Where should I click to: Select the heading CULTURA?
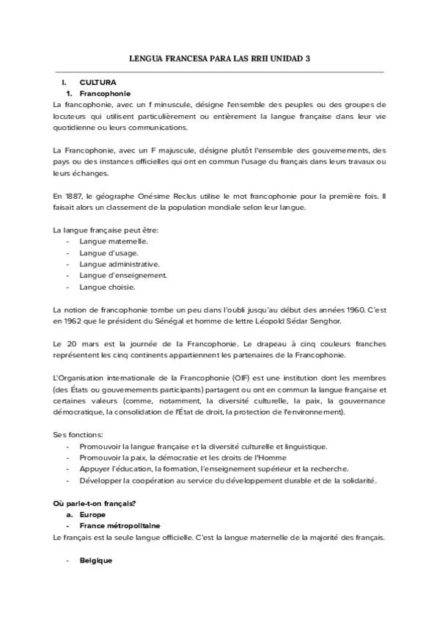98,83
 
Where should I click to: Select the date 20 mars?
79,343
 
